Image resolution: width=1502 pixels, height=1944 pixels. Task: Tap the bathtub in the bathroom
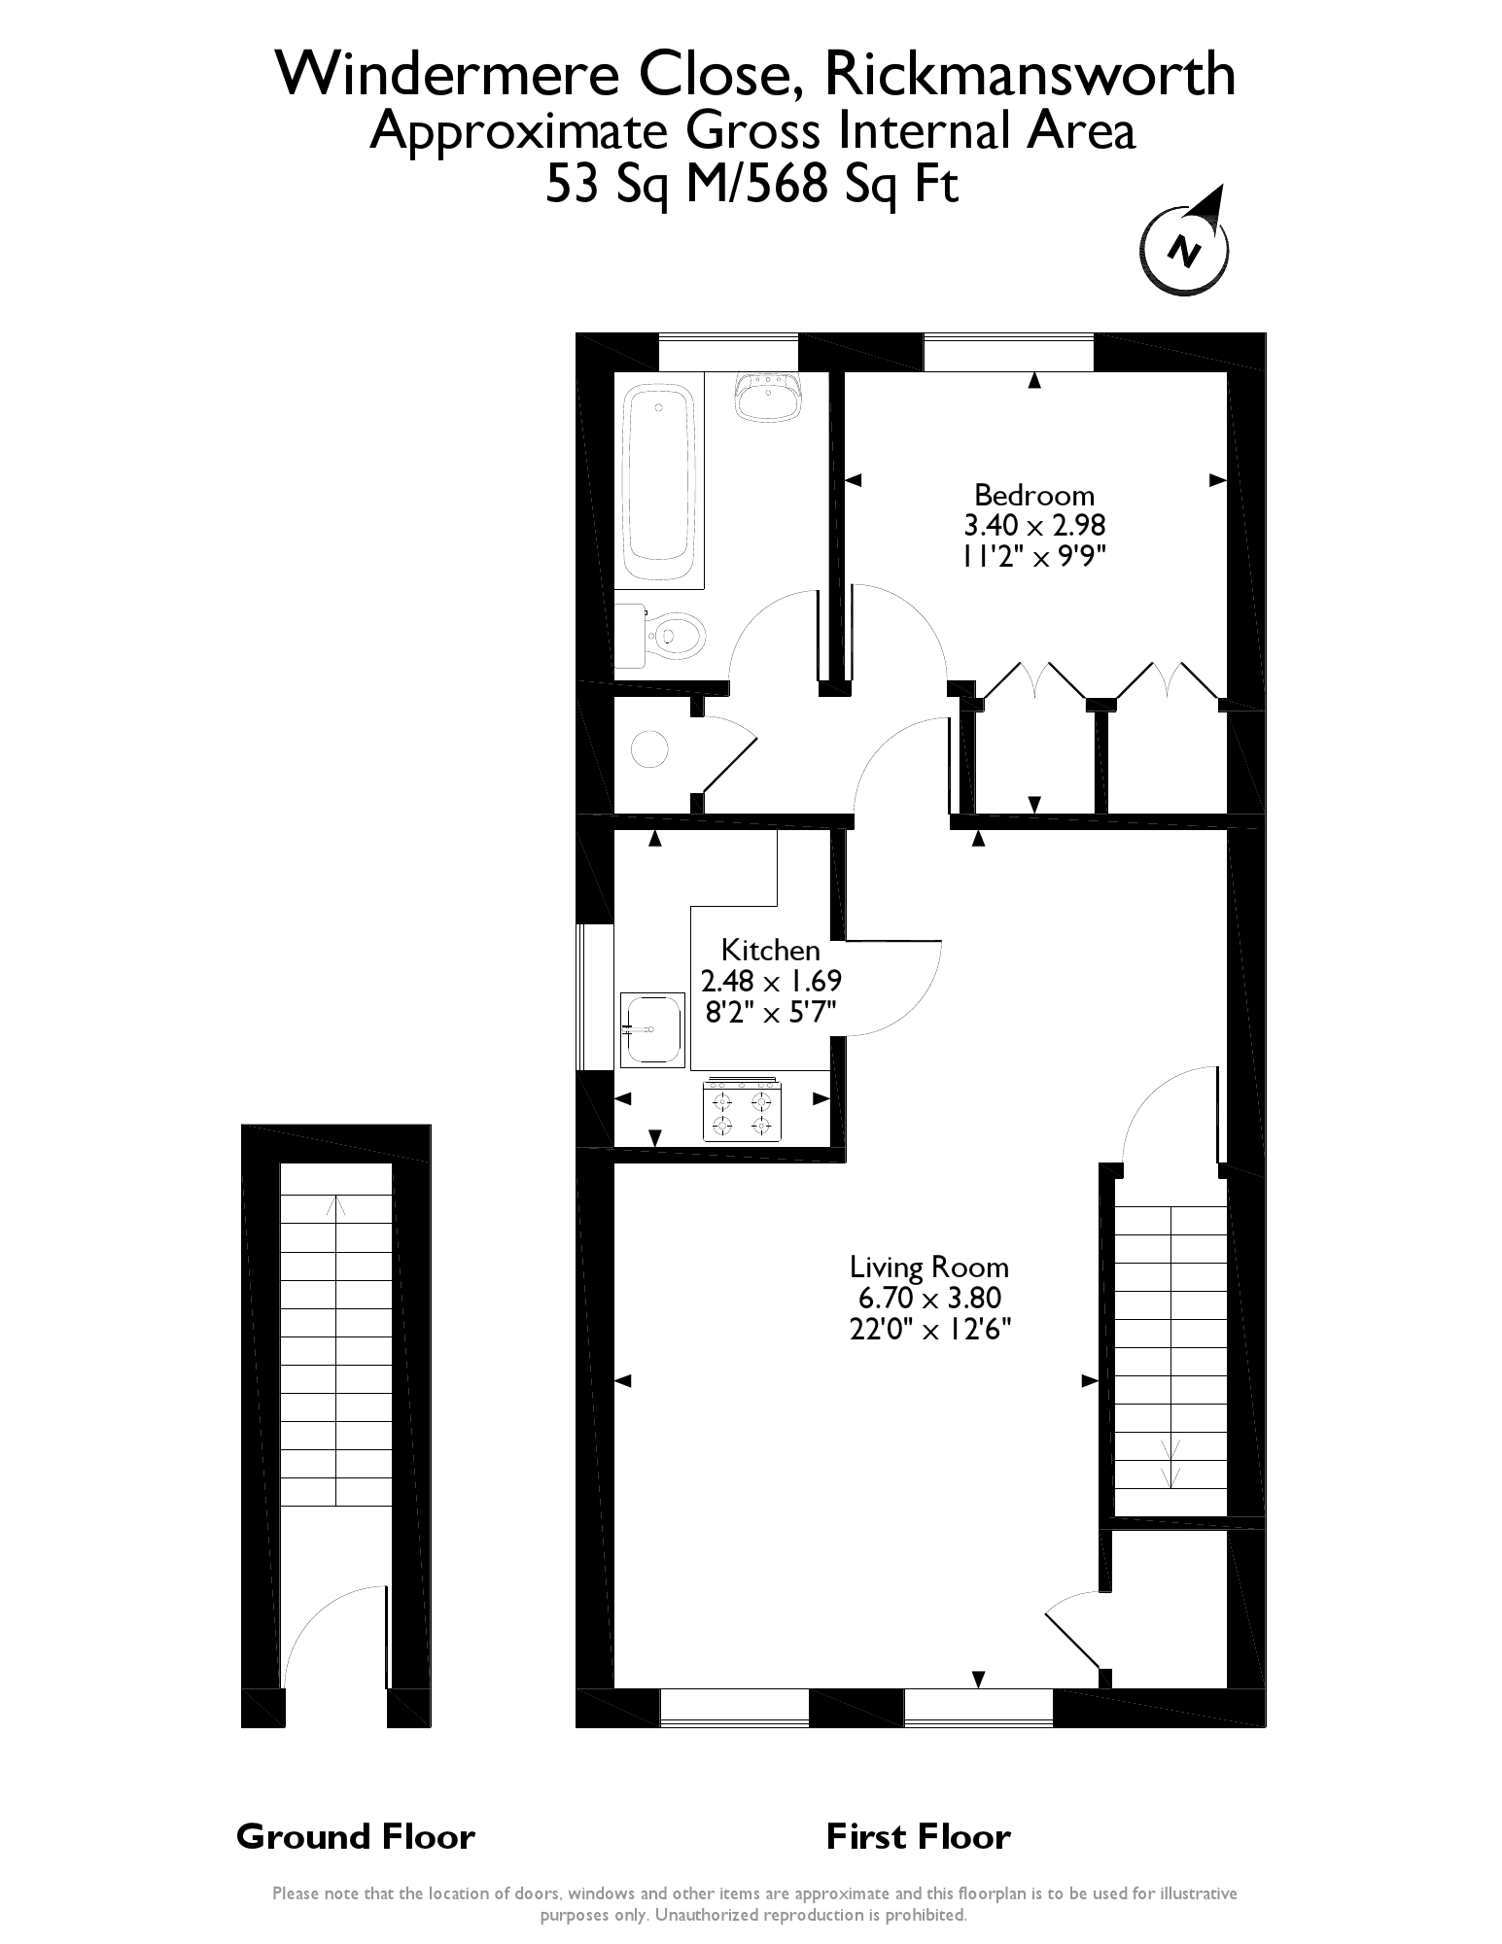pyautogui.click(x=659, y=485)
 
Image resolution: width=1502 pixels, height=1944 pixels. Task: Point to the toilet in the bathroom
pyautogui.click(x=660, y=636)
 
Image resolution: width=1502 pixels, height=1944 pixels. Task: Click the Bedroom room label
pyautogui.click(x=1034, y=496)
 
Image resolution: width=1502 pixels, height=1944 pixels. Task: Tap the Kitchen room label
pyautogui.click(x=771, y=950)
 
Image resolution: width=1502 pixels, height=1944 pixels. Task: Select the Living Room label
pyautogui.click(x=929, y=1267)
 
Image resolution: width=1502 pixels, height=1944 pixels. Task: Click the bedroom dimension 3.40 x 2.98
pyautogui.click(x=1034, y=526)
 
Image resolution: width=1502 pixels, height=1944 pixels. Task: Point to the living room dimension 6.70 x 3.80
pyautogui.click(x=929, y=1298)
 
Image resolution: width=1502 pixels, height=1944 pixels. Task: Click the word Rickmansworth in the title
pyautogui.click(x=1030, y=75)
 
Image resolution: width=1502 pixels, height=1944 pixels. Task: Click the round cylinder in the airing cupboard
pyautogui.click(x=649, y=748)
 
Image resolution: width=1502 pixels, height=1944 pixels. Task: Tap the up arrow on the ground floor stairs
pyautogui.click(x=336, y=1207)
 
